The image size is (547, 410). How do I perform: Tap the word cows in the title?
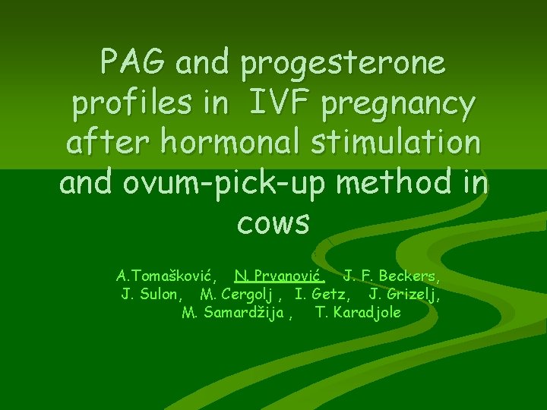[x=273, y=222]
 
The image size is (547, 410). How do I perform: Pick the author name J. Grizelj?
[x=403, y=294]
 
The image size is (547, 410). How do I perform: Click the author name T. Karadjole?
[x=358, y=313]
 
